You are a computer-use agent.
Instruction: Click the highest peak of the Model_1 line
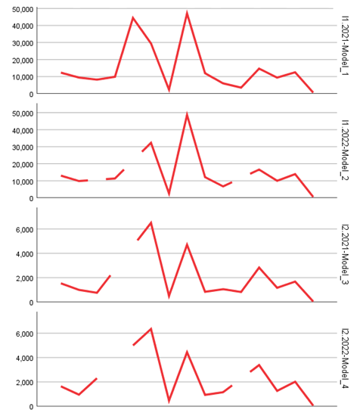click(x=187, y=13)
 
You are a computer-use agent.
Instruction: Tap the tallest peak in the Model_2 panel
click(x=187, y=114)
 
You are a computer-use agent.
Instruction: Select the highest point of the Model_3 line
click(x=151, y=222)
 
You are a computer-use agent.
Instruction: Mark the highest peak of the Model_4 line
click(x=151, y=328)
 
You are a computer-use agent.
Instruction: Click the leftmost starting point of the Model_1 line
click(x=62, y=73)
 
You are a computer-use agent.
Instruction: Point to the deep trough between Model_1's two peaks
click(x=169, y=90)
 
